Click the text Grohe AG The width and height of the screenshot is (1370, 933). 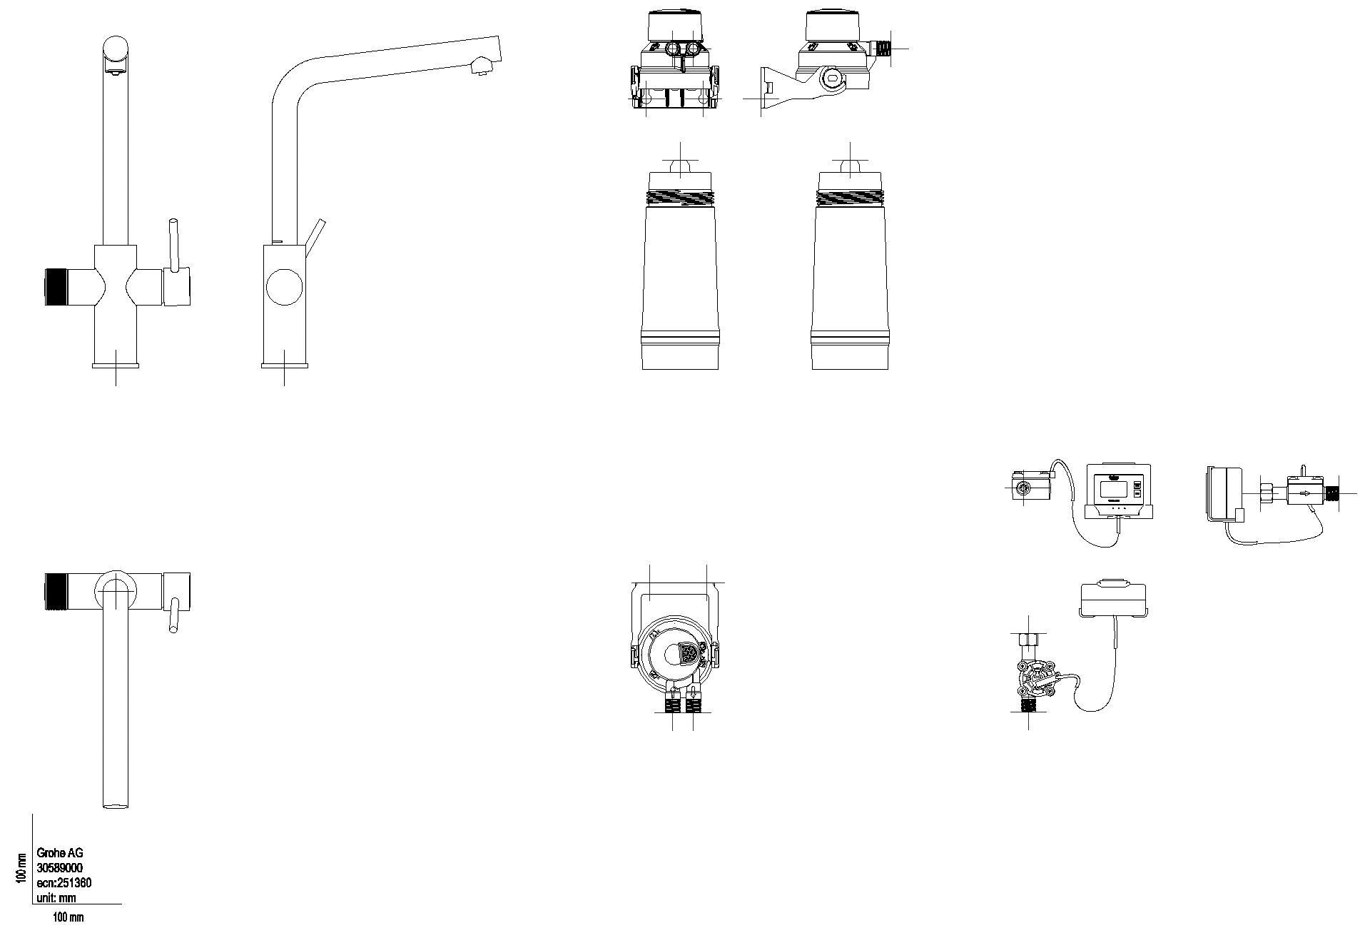(x=60, y=852)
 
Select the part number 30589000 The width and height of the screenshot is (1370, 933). (x=60, y=867)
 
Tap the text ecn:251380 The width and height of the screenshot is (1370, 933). (x=64, y=883)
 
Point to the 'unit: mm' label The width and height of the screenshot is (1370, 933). (x=56, y=898)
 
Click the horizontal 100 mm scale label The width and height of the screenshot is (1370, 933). (x=68, y=917)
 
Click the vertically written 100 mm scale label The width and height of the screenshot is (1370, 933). (x=21, y=867)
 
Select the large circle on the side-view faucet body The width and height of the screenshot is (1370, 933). (x=284, y=287)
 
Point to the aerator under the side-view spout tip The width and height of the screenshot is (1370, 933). (x=481, y=68)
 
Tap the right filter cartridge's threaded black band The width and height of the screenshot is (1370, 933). (x=850, y=198)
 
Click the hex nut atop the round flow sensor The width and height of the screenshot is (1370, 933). (x=1028, y=639)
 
